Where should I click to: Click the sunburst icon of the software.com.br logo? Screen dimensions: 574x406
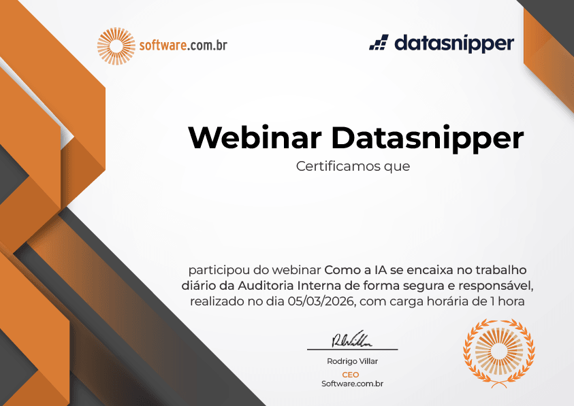[116, 46]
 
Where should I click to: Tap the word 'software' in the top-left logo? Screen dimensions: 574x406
[163, 46]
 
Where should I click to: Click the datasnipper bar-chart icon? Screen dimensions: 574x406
[379, 42]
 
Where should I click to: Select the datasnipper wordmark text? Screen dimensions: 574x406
[454, 44]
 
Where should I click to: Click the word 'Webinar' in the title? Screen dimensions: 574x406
[255, 138]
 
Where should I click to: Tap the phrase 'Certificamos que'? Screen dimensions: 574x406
[353, 166]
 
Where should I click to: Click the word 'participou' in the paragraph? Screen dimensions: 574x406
[219, 271]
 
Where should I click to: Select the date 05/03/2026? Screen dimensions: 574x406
[321, 301]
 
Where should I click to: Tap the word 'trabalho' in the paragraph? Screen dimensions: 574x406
[500, 270]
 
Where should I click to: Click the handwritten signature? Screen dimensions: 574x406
[351, 339]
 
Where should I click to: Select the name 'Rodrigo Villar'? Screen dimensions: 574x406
[352, 361]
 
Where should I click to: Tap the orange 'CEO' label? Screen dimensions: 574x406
[351, 375]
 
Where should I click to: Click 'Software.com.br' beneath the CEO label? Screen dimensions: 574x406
[352, 384]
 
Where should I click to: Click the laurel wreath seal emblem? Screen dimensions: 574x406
[499, 352]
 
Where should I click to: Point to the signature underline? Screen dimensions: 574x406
[352, 350]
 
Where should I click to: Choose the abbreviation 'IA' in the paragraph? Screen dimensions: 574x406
[381, 270]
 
